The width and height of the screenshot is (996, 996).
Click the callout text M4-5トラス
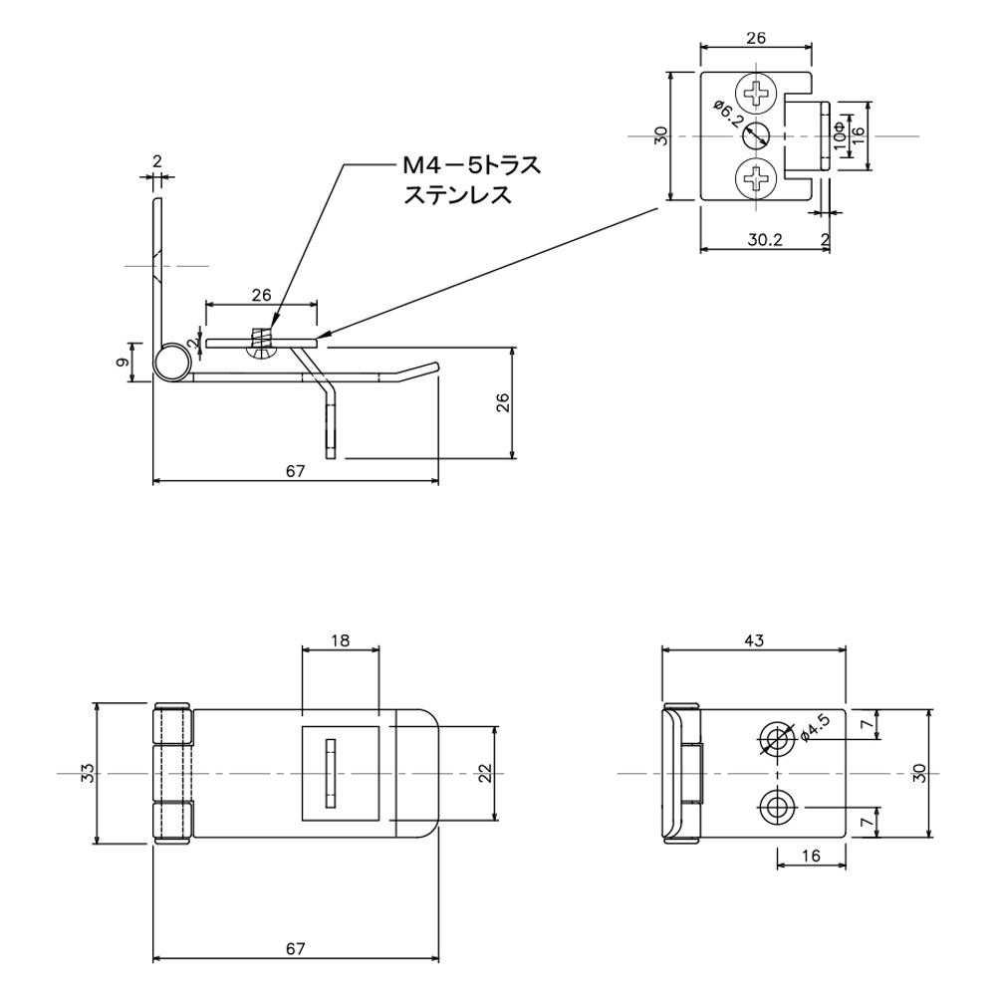click(471, 165)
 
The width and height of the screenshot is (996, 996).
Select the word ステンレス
click(457, 195)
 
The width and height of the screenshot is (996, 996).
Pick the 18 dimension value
click(340, 641)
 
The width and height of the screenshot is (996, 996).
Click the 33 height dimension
click(88, 773)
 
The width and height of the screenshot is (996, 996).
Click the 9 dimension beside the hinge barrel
click(122, 364)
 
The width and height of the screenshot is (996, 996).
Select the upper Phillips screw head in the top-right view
click(758, 95)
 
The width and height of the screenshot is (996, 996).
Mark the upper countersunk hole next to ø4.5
click(776, 738)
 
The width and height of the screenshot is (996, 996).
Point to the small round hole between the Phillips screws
click(758, 136)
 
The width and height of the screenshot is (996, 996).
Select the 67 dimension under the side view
click(294, 471)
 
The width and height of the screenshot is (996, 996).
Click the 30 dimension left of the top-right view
click(660, 136)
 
